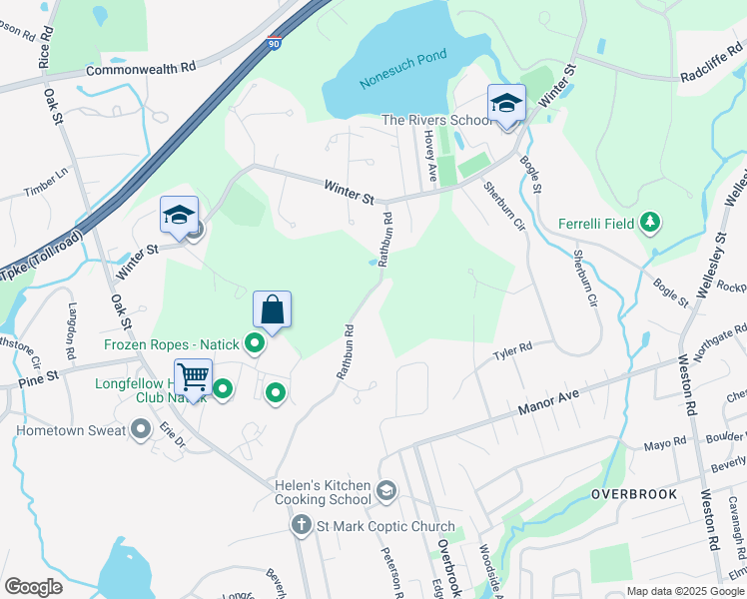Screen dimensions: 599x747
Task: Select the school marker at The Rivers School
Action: click(506, 104)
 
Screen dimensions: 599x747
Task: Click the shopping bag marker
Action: click(272, 311)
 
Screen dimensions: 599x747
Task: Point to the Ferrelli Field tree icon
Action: click(650, 223)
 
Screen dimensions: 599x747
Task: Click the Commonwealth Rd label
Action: click(141, 69)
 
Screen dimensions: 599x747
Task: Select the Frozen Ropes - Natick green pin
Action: click(255, 345)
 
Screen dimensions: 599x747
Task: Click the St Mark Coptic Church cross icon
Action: click(301, 525)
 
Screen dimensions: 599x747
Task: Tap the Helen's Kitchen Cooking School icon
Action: click(386, 491)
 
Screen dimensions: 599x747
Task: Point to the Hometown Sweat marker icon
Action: click(141, 429)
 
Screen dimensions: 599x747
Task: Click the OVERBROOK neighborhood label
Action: click(633, 494)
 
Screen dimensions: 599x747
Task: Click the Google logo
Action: click(33, 587)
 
